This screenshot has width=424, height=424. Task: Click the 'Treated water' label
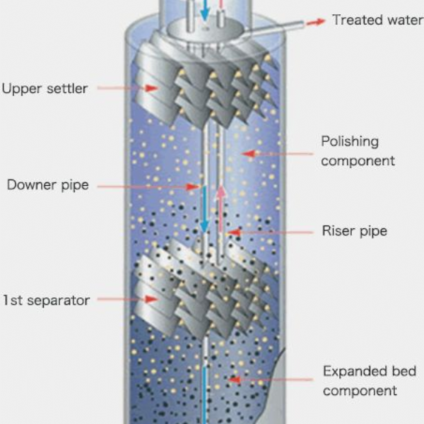point(377,20)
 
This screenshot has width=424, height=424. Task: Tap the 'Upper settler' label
point(45,89)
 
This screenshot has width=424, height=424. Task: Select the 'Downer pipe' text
point(47,186)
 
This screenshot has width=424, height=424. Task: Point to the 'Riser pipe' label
point(354,231)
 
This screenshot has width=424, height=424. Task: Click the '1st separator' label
point(46,300)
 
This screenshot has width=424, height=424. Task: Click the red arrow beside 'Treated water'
point(315,22)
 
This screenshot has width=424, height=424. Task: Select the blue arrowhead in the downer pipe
point(204,226)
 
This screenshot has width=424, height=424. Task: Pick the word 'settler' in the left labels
point(68,89)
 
